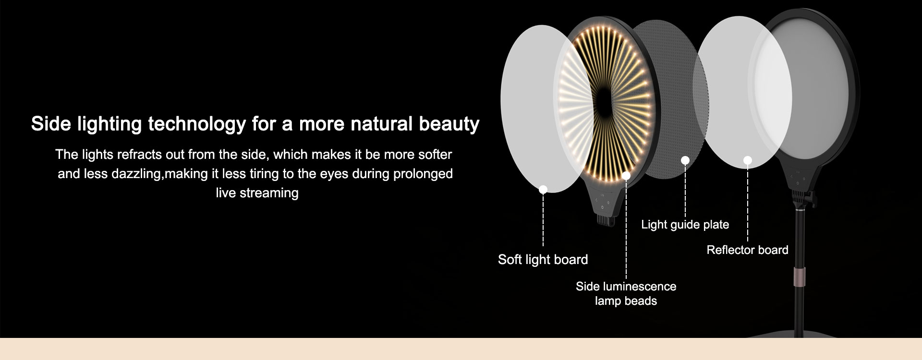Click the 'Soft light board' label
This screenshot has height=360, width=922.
(x=543, y=260)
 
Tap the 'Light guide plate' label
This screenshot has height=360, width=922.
(x=685, y=225)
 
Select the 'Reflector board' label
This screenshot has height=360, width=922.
(x=747, y=250)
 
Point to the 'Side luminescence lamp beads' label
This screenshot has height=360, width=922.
(x=626, y=294)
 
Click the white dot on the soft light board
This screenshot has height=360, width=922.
(x=543, y=190)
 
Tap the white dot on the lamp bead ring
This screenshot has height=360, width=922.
(x=626, y=176)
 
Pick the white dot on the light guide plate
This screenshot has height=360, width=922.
(x=685, y=160)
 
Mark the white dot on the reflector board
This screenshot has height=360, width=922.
(x=748, y=160)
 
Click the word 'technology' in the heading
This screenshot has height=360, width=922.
(x=197, y=124)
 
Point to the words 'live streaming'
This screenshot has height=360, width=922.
(x=257, y=193)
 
